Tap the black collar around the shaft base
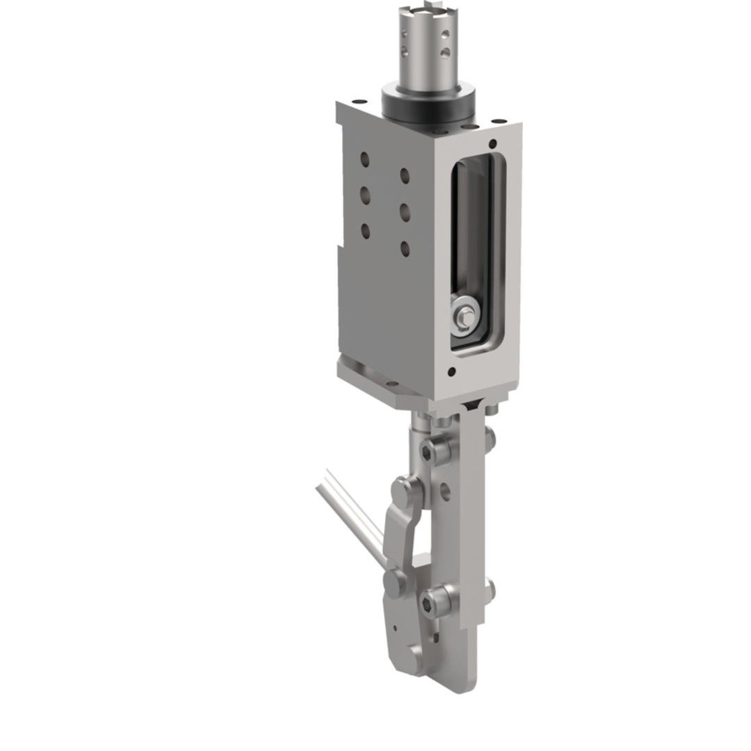(427, 104)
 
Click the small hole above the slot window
(492, 144)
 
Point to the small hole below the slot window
(452, 372)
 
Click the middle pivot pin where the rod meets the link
(395, 582)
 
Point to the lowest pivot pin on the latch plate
(416, 657)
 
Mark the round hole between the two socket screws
(445, 492)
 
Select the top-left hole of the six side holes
(365, 159)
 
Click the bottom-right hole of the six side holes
(405, 248)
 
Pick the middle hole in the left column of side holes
(365, 195)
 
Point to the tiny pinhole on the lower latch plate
(394, 628)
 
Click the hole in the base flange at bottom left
(391, 384)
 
